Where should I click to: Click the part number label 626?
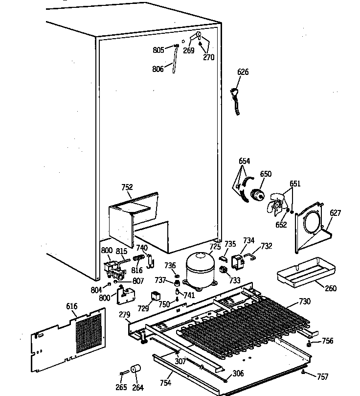pyautogui.click(x=243, y=72)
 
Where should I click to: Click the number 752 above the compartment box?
pyautogui.click(x=127, y=187)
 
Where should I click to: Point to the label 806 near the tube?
pyautogui.click(x=158, y=69)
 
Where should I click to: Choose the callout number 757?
pyautogui.click(x=322, y=376)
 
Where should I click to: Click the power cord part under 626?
pyautogui.click(x=236, y=100)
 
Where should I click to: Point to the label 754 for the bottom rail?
pyautogui.click(x=166, y=382)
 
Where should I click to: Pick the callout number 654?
pyautogui.click(x=245, y=161)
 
